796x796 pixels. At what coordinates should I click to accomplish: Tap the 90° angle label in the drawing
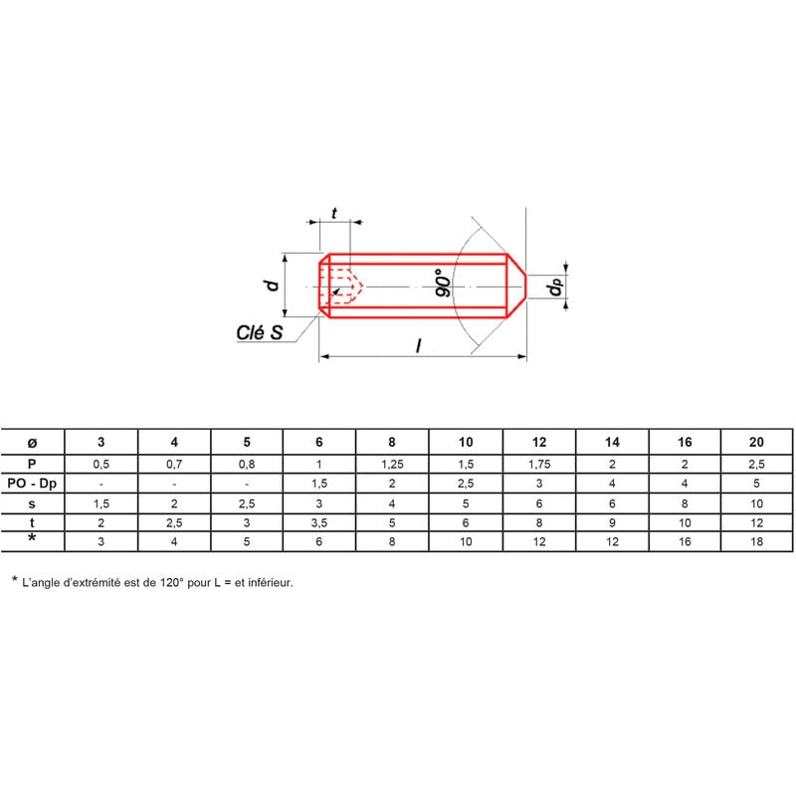(x=444, y=283)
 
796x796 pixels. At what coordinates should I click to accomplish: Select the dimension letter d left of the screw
(x=270, y=285)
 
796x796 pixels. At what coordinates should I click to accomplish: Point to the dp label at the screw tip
(x=555, y=288)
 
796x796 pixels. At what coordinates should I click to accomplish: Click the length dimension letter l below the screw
(x=419, y=345)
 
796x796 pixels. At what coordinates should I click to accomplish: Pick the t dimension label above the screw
(x=333, y=212)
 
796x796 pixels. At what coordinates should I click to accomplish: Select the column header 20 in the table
(x=757, y=441)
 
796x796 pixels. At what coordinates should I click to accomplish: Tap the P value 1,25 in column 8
(x=392, y=463)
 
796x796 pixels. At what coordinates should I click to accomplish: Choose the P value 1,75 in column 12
(x=538, y=463)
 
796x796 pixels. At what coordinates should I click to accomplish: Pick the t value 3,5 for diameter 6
(x=319, y=522)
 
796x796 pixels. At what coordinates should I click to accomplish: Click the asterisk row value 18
(x=757, y=542)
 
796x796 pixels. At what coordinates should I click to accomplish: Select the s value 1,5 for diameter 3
(x=100, y=502)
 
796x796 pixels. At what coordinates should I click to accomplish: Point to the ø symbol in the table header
(x=32, y=441)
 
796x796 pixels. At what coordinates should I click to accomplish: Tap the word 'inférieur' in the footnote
(x=269, y=582)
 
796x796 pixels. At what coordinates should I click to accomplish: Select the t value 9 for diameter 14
(x=612, y=522)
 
